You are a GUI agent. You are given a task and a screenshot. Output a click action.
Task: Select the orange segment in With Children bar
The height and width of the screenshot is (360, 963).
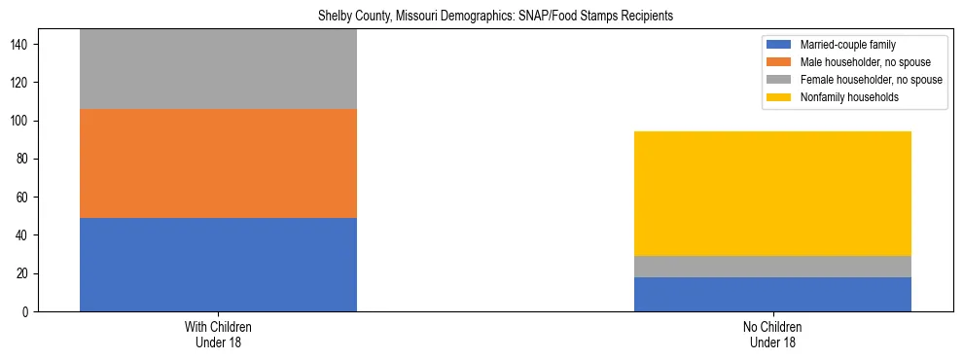coord(218,162)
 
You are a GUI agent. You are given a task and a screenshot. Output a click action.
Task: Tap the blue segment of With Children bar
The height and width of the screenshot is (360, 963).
coord(218,264)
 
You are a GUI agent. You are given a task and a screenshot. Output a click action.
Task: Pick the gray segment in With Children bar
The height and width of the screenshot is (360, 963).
coord(218,69)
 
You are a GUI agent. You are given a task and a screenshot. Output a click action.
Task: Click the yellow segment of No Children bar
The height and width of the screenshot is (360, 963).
coord(772,194)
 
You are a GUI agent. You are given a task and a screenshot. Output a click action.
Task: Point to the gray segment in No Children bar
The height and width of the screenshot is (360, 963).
coord(772,267)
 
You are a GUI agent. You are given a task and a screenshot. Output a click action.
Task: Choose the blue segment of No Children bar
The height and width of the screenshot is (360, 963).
coord(772,294)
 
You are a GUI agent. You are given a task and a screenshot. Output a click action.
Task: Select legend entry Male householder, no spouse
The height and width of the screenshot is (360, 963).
coord(856,62)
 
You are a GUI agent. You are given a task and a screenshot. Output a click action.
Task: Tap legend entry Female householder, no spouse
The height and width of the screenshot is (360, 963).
coord(860,80)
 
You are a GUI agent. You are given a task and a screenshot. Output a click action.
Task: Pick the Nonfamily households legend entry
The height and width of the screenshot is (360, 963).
coord(842,97)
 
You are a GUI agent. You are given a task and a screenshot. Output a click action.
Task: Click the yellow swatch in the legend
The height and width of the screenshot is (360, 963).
coord(779,97)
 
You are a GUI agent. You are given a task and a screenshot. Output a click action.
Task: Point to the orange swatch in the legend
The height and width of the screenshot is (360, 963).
coord(779,62)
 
